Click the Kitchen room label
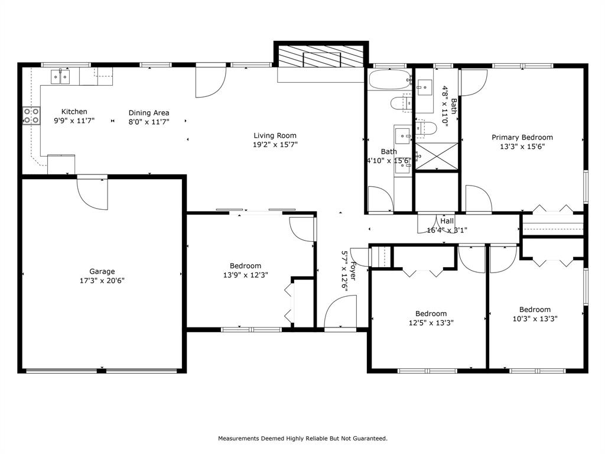click(x=74, y=112)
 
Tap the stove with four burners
click(x=31, y=115)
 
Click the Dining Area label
click(x=149, y=113)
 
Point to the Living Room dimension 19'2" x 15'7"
click(x=275, y=144)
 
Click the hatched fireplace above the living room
click(x=321, y=58)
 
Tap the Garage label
click(x=102, y=272)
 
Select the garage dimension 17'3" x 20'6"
click(x=102, y=281)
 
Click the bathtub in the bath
click(x=388, y=79)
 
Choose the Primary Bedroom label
click(x=522, y=138)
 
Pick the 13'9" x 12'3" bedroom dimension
click(x=246, y=275)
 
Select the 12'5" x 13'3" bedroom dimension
click(x=431, y=323)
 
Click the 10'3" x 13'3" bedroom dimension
click(x=535, y=318)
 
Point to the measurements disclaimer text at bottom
click(x=302, y=439)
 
